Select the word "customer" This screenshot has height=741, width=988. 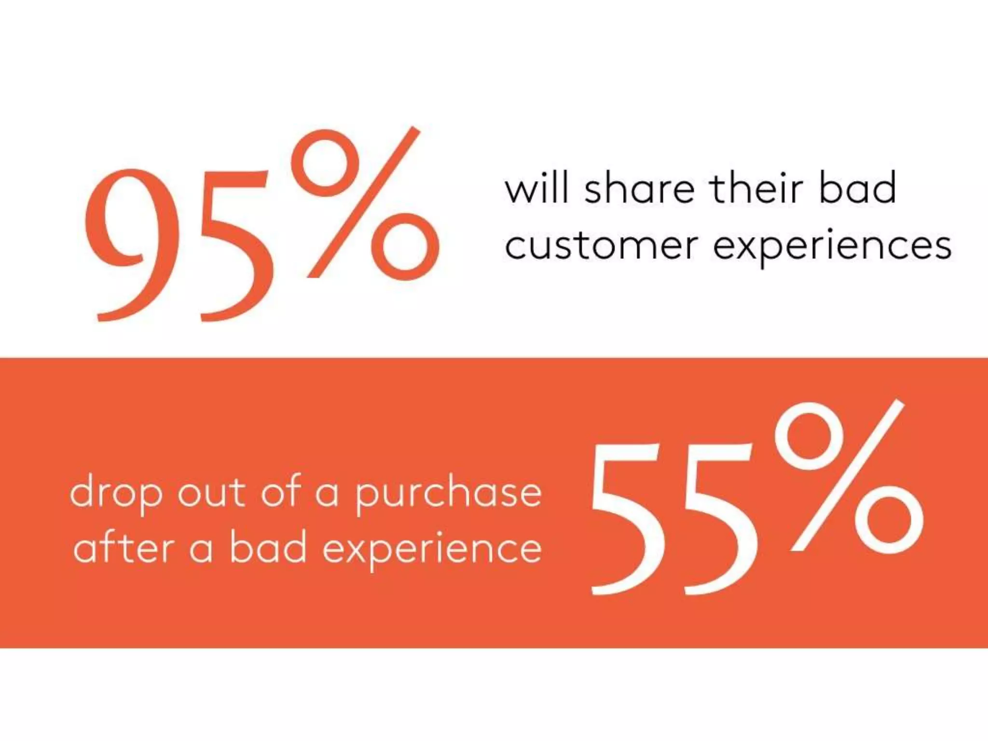pyautogui.click(x=601, y=246)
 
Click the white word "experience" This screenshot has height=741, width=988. pyautogui.click(x=432, y=550)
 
